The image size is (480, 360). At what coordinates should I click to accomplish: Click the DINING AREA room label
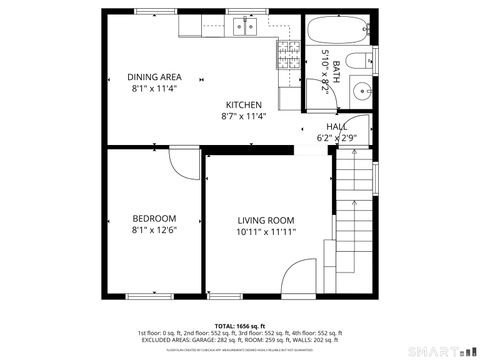(x=154, y=77)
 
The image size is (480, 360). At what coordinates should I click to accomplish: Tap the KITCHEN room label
(x=243, y=105)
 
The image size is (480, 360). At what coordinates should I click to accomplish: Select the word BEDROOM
(x=154, y=219)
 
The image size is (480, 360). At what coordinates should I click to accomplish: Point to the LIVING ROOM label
(x=266, y=221)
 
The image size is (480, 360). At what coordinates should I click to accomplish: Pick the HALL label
(x=336, y=127)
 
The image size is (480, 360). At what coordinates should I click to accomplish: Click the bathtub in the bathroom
(x=336, y=29)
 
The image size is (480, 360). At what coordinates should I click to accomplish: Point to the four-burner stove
(x=288, y=53)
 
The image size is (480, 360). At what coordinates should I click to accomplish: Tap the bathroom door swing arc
(x=360, y=127)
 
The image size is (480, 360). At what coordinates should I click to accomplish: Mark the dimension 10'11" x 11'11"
(x=266, y=233)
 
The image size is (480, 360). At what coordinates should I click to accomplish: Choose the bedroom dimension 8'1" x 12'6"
(x=154, y=231)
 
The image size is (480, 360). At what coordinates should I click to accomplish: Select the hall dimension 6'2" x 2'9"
(x=336, y=138)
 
